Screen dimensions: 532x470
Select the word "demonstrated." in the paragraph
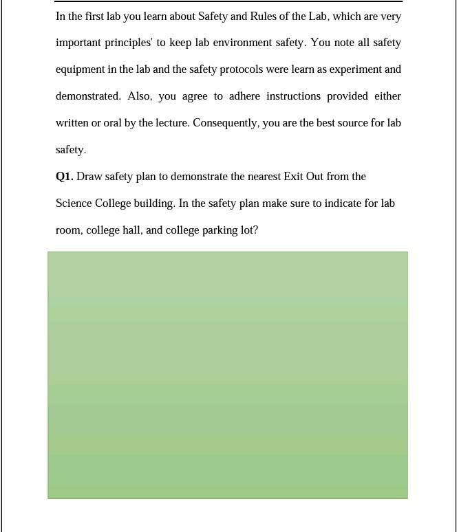point(88,96)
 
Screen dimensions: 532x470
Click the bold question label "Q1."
point(64,177)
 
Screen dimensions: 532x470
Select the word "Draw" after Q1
point(89,177)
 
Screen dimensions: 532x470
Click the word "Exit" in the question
point(293,177)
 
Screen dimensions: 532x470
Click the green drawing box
point(228,375)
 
